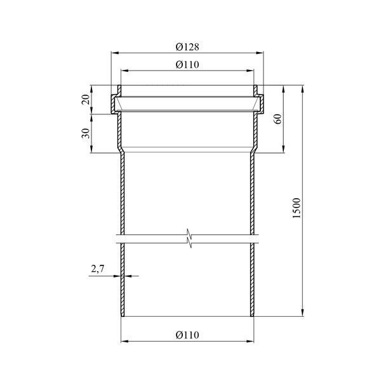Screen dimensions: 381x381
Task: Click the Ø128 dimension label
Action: (187, 47)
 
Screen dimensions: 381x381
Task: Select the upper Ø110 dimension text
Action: (187, 65)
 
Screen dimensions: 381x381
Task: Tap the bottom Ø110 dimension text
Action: (187, 335)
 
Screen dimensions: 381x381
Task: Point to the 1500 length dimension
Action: (297, 208)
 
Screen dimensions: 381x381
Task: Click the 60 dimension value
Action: (279, 119)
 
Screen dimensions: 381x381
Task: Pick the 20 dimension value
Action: (86, 100)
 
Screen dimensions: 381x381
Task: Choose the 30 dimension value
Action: (86, 133)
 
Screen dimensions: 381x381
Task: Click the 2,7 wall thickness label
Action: (98, 269)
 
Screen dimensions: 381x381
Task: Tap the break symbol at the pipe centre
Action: (189, 238)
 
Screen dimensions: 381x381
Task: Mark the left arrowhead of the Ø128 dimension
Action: (115, 53)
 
